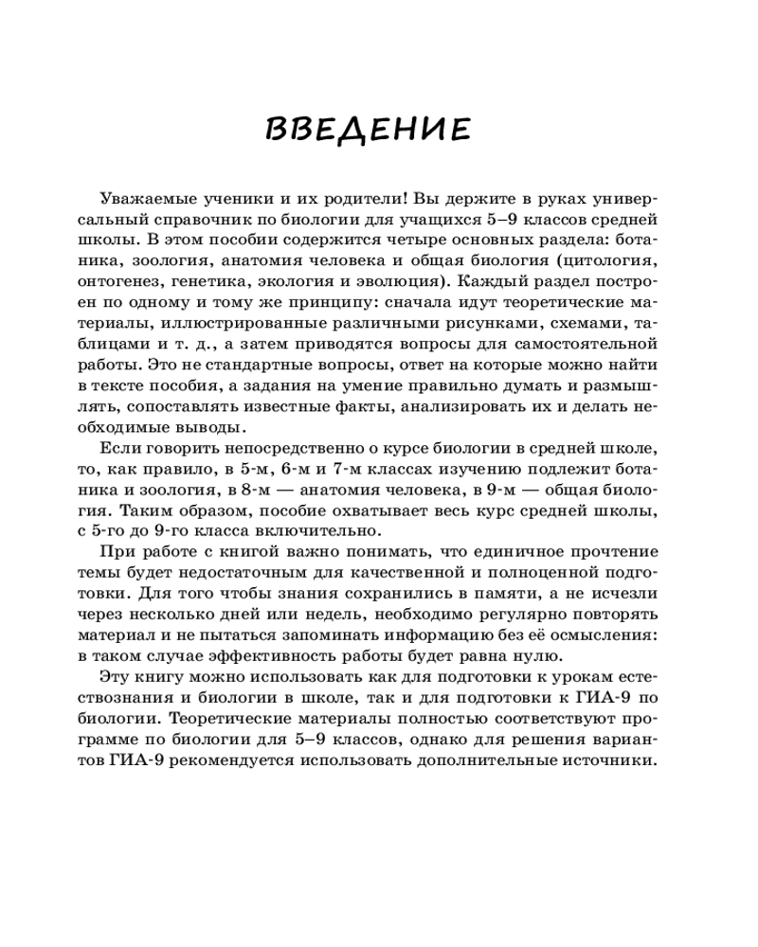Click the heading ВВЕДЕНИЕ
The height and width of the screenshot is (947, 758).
368,130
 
